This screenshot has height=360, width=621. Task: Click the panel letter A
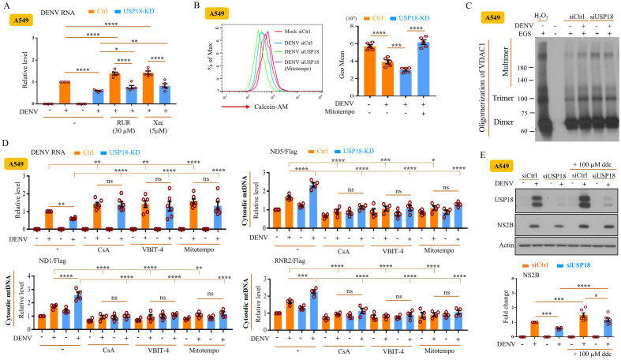[x=6, y=7]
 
